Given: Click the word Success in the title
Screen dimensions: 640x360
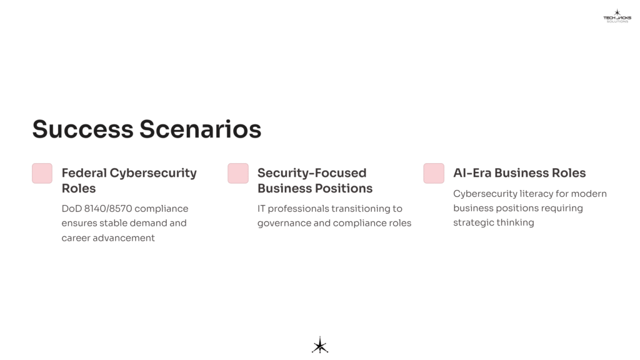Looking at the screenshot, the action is pyautogui.click(x=83, y=129).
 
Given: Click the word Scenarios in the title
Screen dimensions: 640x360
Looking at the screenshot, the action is pyautogui.click(x=201, y=129).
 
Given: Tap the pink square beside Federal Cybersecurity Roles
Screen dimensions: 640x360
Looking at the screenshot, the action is pyautogui.click(x=42, y=173).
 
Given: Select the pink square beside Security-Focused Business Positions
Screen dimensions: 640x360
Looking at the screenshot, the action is pyautogui.click(x=238, y=173).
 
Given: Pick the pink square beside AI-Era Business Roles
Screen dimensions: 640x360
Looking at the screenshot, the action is pyautogui.click(x=434, y=173).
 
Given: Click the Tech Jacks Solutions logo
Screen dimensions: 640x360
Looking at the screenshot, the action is pyautogui.click(x=617, y=16).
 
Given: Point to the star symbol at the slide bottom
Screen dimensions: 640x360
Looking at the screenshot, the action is pyautogui.click(x=320, y=345).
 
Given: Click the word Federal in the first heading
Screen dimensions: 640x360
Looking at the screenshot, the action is pyautogui.click(x=84, y=172).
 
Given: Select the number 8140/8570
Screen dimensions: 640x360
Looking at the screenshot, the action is pyautogui.click(x=107, y=209).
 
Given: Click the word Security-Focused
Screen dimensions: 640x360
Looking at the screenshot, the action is pyautogui.click(x=312, y=172).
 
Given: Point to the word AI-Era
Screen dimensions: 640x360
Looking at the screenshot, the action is pyautogui.click(x=472, y=172).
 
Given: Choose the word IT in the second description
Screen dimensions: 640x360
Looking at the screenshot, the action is pyautogui.click(x=261, y=209).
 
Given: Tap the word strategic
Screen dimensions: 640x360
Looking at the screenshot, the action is pyautogui.click(x=474, y=223).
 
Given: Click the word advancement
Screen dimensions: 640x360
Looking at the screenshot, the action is pyautogui.click(x=124, y=238).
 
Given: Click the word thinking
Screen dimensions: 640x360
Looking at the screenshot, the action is pyautogui.click(x=515, y=223).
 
